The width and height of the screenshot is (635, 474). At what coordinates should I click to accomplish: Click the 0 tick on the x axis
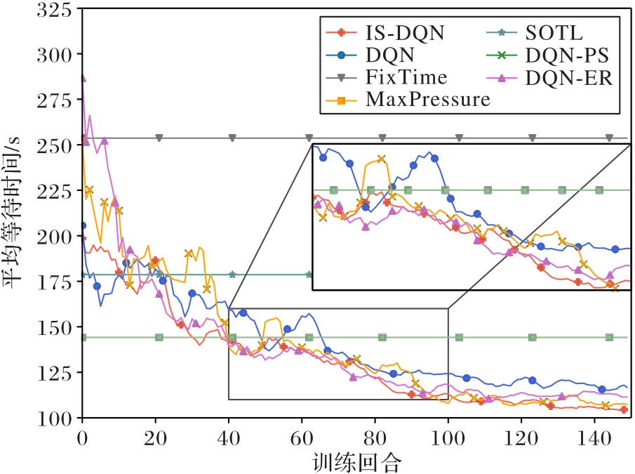(82, 435)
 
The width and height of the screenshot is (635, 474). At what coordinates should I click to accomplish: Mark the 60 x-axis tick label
(302, 435)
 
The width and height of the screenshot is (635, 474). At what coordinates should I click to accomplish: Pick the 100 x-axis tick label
(448, 435)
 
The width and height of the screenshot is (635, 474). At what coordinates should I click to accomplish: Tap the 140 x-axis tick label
(594, 435)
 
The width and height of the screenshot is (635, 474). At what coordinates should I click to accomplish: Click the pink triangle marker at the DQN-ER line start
(83, 79)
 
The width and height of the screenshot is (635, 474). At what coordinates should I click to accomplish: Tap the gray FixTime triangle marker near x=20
(159, 138)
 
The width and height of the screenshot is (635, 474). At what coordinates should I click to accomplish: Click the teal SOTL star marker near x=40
(232, 275)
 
